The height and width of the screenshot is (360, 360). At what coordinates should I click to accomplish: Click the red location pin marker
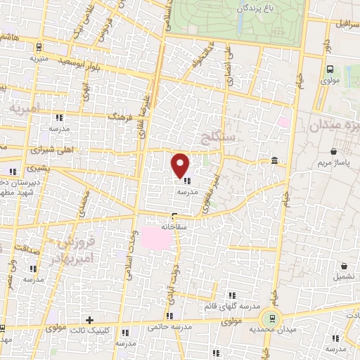coord(181,164)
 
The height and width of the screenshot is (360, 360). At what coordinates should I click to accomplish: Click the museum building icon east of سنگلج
coord(274,162)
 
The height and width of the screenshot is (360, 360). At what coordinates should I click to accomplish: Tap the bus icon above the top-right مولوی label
coord(330,69)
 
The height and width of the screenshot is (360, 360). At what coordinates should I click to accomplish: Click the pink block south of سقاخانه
coord(157,238)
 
